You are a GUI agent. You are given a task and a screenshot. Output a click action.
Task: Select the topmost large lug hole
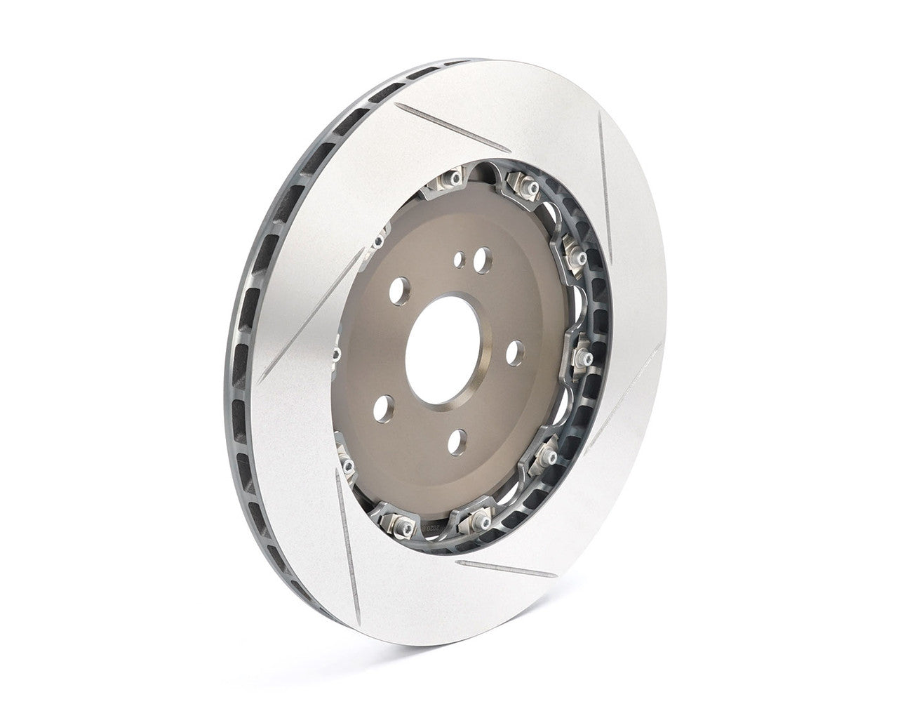point(481,263)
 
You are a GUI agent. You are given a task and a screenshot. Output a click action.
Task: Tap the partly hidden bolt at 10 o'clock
point(379,241)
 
